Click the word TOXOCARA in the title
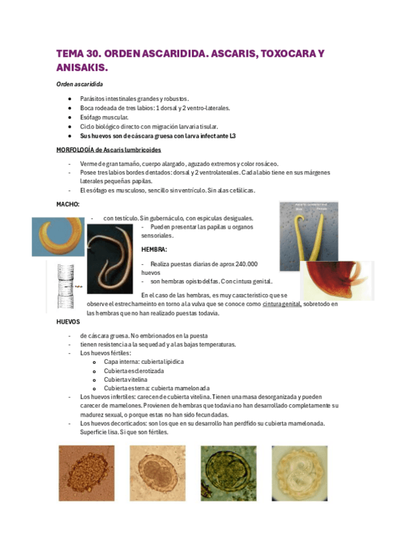pyautogui.click(x=276, y=53)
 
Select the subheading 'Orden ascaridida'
pyautogui.click(x=79, y=85)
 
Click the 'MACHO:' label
pyautogui.click(x=68, y=204)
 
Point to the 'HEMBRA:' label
pyautogui.click(x=154, y=250)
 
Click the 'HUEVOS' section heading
pyautogui.click(x=69, y=323)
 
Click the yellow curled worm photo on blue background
pyautogui.click(x=59, y=236)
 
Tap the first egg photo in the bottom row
pyautogui.click(x=86, y=474)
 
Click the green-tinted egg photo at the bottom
pyautogui.click(x=228, y=474)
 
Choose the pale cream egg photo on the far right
pyautogui.click(x=300, y=475)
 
